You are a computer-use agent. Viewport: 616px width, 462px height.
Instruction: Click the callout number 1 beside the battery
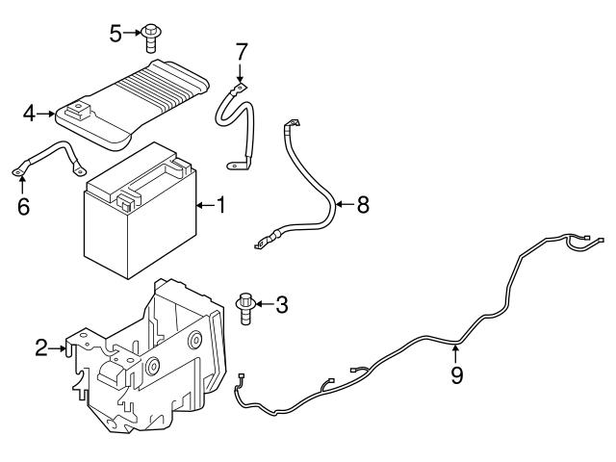coord(220,205)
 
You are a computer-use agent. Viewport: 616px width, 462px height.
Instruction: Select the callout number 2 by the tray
coord(41,348)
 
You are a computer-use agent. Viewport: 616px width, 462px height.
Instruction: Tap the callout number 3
coord(281,306)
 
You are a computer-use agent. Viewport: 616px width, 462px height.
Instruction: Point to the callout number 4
coord(30,115)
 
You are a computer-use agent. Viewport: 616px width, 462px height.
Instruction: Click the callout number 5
coord(115,35)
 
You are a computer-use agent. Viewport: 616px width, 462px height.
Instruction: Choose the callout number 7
coord(242,50)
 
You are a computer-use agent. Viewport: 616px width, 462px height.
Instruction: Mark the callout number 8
coord(362,205)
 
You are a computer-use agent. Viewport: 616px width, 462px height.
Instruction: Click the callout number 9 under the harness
coord(456,374)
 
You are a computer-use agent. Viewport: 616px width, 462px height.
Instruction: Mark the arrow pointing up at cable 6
coord(22,183)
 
